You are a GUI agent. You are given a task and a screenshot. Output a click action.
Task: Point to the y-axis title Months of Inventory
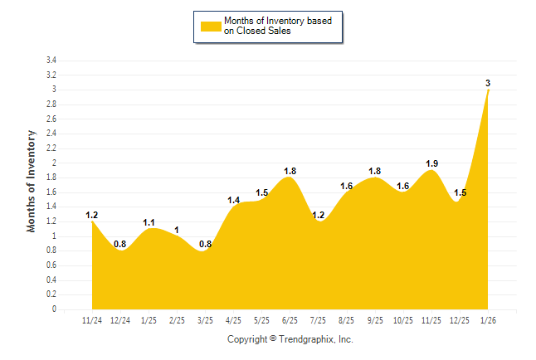[x=32, y=180]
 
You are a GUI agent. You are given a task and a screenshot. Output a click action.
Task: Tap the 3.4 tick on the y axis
[x=51, y=61]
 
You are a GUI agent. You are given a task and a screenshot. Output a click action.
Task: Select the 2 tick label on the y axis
[x=54, y=163]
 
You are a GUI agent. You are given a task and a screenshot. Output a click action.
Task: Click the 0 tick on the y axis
[x=54, y=309]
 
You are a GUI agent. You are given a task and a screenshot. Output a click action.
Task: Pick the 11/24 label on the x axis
[x=92, y=321]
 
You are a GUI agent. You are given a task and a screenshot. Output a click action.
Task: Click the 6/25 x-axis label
[x=290, y=321]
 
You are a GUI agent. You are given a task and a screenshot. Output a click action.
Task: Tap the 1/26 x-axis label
[x=488, y=321]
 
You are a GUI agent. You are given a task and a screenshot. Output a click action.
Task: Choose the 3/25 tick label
[x=205, y=321]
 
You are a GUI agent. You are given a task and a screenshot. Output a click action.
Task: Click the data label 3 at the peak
[x=488, y=83]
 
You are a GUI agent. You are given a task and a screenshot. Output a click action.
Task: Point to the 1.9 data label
[x=431, y=163]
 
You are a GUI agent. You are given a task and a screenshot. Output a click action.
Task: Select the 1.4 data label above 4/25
[x=233, y=200]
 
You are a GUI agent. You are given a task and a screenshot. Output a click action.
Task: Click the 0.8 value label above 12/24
[x=120, y=244]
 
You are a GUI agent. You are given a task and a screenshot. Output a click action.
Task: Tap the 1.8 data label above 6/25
[x=290, y=171]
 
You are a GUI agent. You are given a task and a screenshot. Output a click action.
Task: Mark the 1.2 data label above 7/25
[x=318, y=215]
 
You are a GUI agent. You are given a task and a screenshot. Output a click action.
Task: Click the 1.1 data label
[x=149, y=222]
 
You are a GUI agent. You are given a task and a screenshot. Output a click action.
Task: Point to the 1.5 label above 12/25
[x=460, y=192]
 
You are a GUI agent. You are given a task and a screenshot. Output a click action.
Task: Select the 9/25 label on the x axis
[x=375, y=321]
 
